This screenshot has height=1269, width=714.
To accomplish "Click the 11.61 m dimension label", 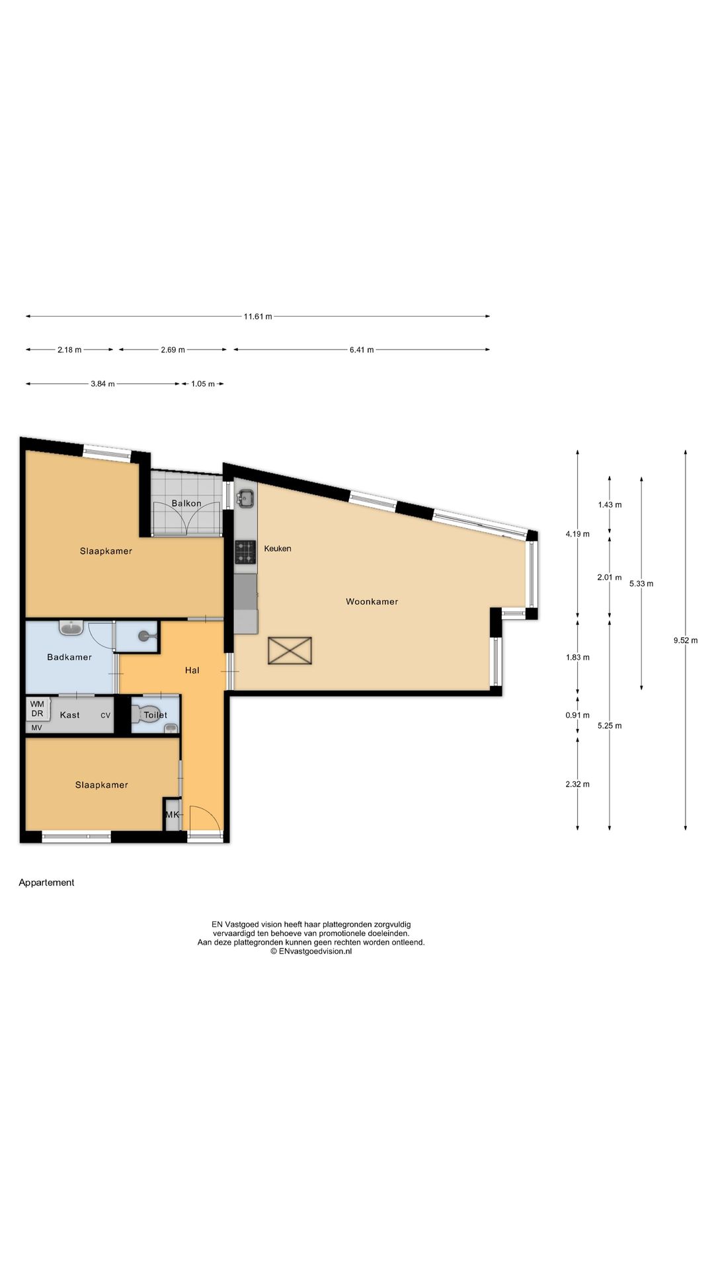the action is [258, 317].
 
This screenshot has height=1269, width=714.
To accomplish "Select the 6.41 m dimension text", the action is [362, 350].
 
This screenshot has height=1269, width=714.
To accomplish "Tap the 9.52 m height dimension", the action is [686, 640].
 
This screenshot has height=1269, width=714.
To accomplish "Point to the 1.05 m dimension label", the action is [203, 384].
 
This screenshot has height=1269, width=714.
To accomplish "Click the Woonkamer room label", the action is [372, 601].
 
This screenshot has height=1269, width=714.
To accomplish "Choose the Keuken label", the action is [278, 549].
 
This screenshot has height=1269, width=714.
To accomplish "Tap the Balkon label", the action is [186, 504].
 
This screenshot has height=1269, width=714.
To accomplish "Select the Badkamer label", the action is [69, 657].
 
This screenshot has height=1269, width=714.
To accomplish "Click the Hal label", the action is [192, 670].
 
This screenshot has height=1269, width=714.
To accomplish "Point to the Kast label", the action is [70, 715].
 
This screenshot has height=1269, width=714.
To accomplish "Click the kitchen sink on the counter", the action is [246, 498].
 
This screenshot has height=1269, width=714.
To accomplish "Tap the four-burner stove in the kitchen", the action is [245, 552].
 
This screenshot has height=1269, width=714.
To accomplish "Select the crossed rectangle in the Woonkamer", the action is [290, 650].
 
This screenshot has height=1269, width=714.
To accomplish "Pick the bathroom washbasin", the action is [71, 627].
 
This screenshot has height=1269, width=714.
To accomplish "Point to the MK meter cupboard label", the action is [173, 815].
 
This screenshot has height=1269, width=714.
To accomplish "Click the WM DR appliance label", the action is [37, 709].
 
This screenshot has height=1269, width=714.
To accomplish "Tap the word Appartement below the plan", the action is [46, 882].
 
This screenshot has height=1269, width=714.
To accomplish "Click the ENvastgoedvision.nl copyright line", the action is [311, 951].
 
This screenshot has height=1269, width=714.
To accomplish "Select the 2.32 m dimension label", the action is [577, 785].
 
